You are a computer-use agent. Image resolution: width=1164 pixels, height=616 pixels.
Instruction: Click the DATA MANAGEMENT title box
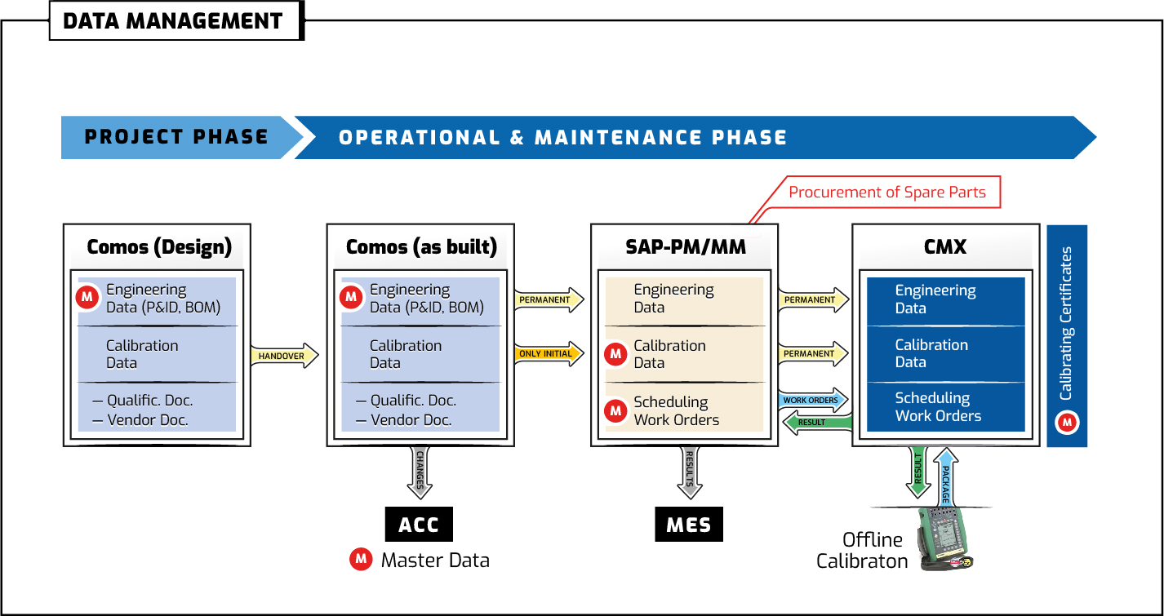173,21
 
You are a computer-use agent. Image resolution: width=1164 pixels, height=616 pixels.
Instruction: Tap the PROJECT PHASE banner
176,137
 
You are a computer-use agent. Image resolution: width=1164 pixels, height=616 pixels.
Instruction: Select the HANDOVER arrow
282,356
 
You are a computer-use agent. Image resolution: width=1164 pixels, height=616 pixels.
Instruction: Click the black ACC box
419,525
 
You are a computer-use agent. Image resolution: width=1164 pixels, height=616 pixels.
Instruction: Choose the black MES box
688,525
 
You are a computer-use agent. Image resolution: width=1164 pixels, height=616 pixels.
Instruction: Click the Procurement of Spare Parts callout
886,193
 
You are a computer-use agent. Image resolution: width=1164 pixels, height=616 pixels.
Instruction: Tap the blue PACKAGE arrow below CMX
946,475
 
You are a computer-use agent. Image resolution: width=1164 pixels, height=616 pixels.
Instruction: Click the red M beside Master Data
361,560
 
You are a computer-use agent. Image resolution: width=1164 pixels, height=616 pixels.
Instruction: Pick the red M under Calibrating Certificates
1068,423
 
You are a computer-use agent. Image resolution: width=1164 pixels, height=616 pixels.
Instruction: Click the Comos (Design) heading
158,247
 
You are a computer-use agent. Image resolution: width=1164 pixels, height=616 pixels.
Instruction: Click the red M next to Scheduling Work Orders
615,411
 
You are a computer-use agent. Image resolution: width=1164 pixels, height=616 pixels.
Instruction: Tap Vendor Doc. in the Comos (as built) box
411,420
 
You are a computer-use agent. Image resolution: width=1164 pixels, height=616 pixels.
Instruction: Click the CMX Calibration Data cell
945,353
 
